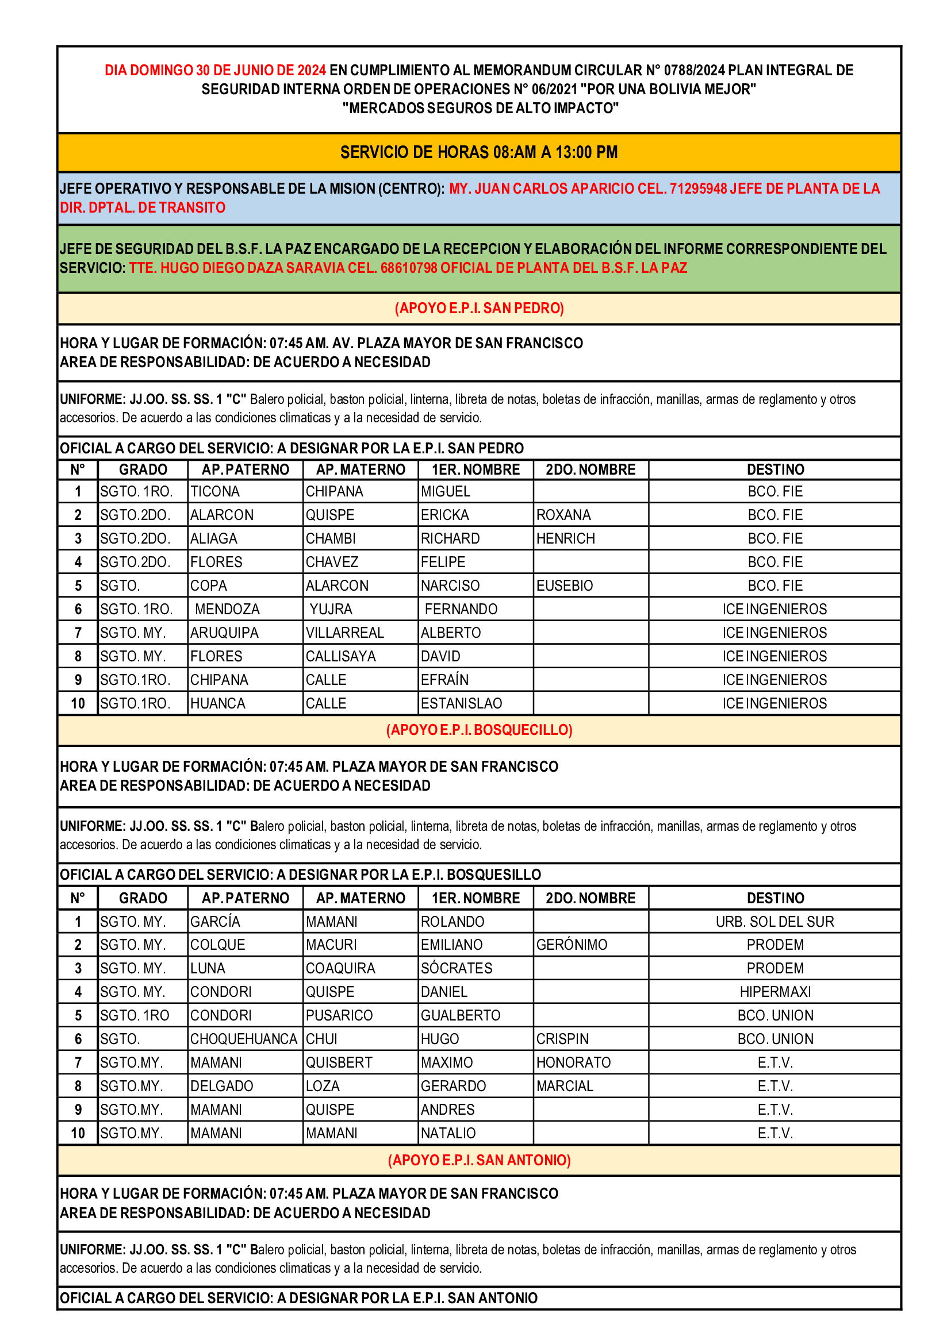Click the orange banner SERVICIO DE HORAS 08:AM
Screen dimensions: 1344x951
(x=478, y=152)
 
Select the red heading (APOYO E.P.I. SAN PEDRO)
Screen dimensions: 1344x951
(x=479, y=308)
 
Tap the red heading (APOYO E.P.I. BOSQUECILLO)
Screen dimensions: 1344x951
(x=479, y=730)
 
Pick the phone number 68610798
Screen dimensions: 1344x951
(x=409, y=268)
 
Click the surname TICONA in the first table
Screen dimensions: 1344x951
(x=215, y=492)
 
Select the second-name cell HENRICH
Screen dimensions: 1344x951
(x=565, y=538)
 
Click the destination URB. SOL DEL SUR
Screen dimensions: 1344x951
(x=774, y=921)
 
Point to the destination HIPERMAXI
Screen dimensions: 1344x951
(x=774, y=992)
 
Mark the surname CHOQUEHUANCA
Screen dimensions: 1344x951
(x=244, y=1039)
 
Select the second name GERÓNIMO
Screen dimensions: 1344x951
(x=572, y=945)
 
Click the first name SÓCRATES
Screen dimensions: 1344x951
(x=457, y=968)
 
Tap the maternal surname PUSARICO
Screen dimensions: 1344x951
(x=339, y=1015)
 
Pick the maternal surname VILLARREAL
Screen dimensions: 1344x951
(x=344, y=633)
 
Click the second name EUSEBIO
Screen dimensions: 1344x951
(x=565, y=586)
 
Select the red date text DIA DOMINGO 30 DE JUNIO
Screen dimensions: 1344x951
(x=215, y=70)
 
